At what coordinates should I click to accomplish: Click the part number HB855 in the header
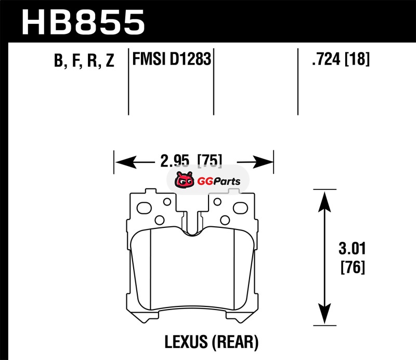(83, 22)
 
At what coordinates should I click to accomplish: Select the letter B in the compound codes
(58, 62)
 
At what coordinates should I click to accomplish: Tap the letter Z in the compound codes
(109, 62)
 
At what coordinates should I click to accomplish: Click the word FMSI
(149, 60)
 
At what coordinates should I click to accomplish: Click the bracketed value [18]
(358, 60)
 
